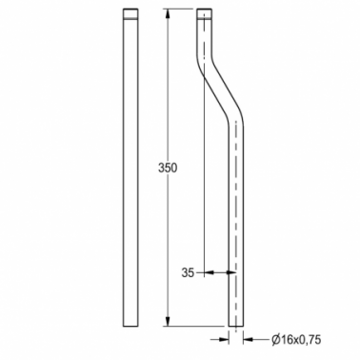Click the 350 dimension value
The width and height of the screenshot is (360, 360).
point(168,168)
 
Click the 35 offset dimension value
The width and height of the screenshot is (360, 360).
point(188,272)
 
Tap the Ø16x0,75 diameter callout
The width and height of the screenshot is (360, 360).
point(296,340)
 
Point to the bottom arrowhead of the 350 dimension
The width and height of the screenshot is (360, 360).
point(168,320)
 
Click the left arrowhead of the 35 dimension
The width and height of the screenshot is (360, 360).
point(209,272)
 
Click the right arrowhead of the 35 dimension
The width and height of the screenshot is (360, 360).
point(230,272)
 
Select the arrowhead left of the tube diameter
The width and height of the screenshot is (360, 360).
point(224,340)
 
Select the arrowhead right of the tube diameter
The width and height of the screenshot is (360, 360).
point(249,340)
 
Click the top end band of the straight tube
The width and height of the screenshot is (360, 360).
point(130,14)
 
